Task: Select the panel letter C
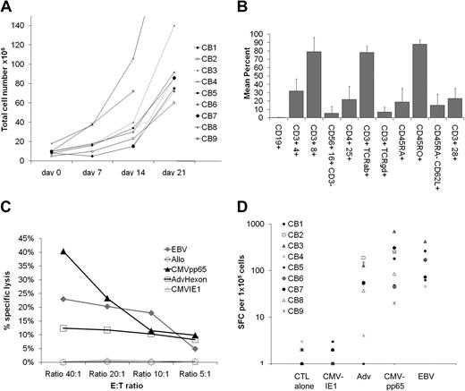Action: point(8,204)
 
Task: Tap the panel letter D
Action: point(243,204)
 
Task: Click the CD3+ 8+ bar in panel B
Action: point(315,84)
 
